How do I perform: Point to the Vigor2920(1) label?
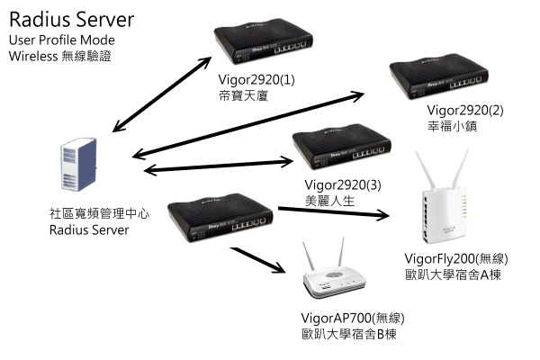coord(256,79)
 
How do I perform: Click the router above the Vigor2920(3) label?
coord(341,153)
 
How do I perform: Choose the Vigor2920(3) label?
coord(344,185)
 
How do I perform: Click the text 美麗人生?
coord(330,202)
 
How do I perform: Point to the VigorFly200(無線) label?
coord(455,258)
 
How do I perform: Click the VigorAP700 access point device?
coord(335,274)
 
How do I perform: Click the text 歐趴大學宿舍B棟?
coord(350,334)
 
